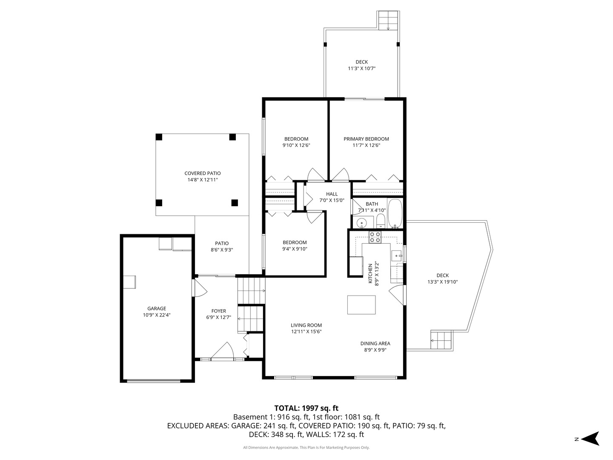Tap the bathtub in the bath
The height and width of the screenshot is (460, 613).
[x=395, y=213]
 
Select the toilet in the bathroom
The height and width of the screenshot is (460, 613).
[x=381, y=221]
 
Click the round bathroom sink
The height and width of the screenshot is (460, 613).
[x=362, y=222]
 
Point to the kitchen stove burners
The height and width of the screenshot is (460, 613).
[x=375, y=237]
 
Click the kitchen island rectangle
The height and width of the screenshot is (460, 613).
[x=361, y=305]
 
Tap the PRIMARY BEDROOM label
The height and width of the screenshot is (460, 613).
[x=366, y=139]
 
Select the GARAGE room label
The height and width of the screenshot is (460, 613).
[x=157, y=309]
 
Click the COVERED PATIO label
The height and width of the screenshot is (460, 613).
[x=203, y=173]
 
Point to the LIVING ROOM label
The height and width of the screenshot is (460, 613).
[x=306, y=325]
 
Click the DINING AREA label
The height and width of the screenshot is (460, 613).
[x=375, y=344]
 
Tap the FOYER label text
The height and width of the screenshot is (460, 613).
[x=219, y=311]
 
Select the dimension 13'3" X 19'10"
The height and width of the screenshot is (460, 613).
[x=442, y=282]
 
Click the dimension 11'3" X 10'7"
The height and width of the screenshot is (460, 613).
[x=361, y=69]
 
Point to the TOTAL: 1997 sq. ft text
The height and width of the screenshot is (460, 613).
[x=306, y=408]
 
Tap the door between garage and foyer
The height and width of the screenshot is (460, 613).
[x=199, y=288]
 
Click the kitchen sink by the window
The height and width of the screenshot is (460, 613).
[x=397, y=256]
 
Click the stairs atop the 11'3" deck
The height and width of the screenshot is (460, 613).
[x=388, y=20]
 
